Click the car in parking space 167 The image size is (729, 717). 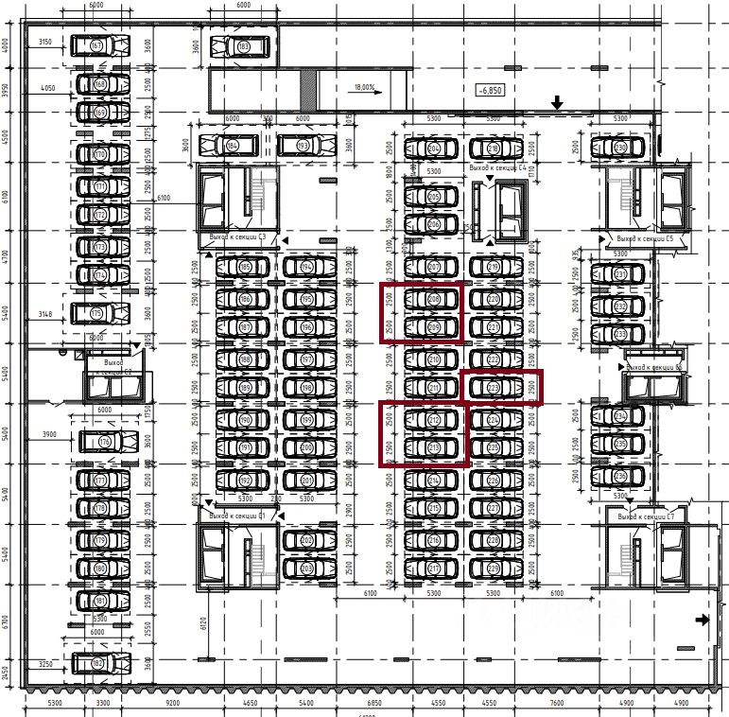97,45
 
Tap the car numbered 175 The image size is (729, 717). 97,313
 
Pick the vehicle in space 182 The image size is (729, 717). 97,664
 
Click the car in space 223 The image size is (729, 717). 493,388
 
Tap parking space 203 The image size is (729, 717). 306,568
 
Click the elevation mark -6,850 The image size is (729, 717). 491,90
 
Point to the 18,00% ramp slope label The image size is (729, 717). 364,88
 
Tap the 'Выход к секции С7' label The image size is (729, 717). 645,517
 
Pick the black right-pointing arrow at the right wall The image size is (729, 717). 702,621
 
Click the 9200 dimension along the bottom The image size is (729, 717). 172,704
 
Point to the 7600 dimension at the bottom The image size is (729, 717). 556,704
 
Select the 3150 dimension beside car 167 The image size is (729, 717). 44,43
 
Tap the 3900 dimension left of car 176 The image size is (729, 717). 49,434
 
